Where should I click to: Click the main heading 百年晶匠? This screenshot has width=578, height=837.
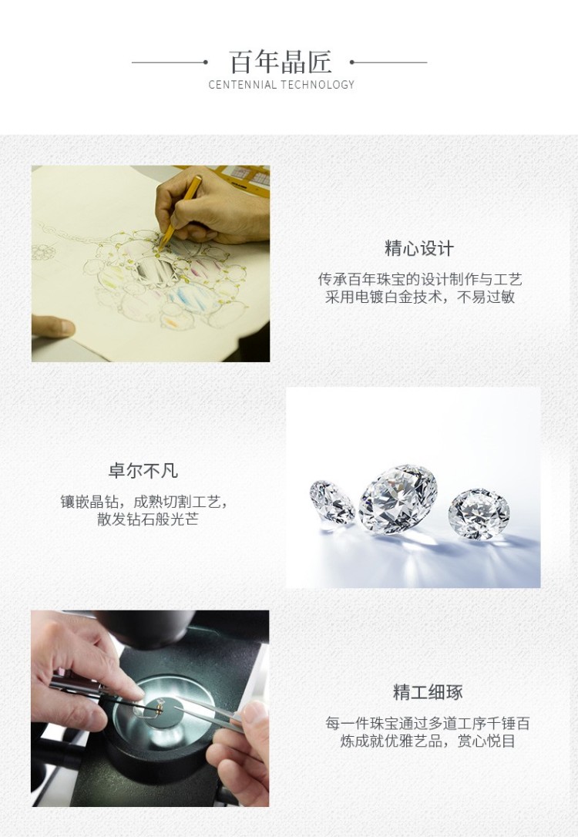(281, 62)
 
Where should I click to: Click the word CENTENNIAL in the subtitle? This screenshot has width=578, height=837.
(242, 85)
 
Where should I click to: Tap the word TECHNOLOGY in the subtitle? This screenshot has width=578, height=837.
(318, 85)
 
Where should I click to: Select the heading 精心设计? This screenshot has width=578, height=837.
(419, 248)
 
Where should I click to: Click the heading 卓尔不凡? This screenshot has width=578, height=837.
(143, 471)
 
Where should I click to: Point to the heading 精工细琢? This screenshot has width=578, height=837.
(428, 692)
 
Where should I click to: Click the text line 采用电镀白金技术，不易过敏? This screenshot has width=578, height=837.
(420, 297)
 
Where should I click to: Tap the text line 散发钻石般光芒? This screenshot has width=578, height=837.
(148, 519)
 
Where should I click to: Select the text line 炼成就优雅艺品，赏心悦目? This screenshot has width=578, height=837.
(428, 741)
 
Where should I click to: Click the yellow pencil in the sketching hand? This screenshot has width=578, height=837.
(180, 213)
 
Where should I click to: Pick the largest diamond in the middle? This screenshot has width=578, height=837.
(398, 499)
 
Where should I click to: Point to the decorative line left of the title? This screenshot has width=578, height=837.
(170, 62)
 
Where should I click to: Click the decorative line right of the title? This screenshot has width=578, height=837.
(388, 62)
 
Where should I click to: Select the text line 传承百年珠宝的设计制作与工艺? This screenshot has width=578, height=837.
(420, 279)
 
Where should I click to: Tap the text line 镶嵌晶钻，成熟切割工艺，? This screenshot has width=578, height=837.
(144, 502)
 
